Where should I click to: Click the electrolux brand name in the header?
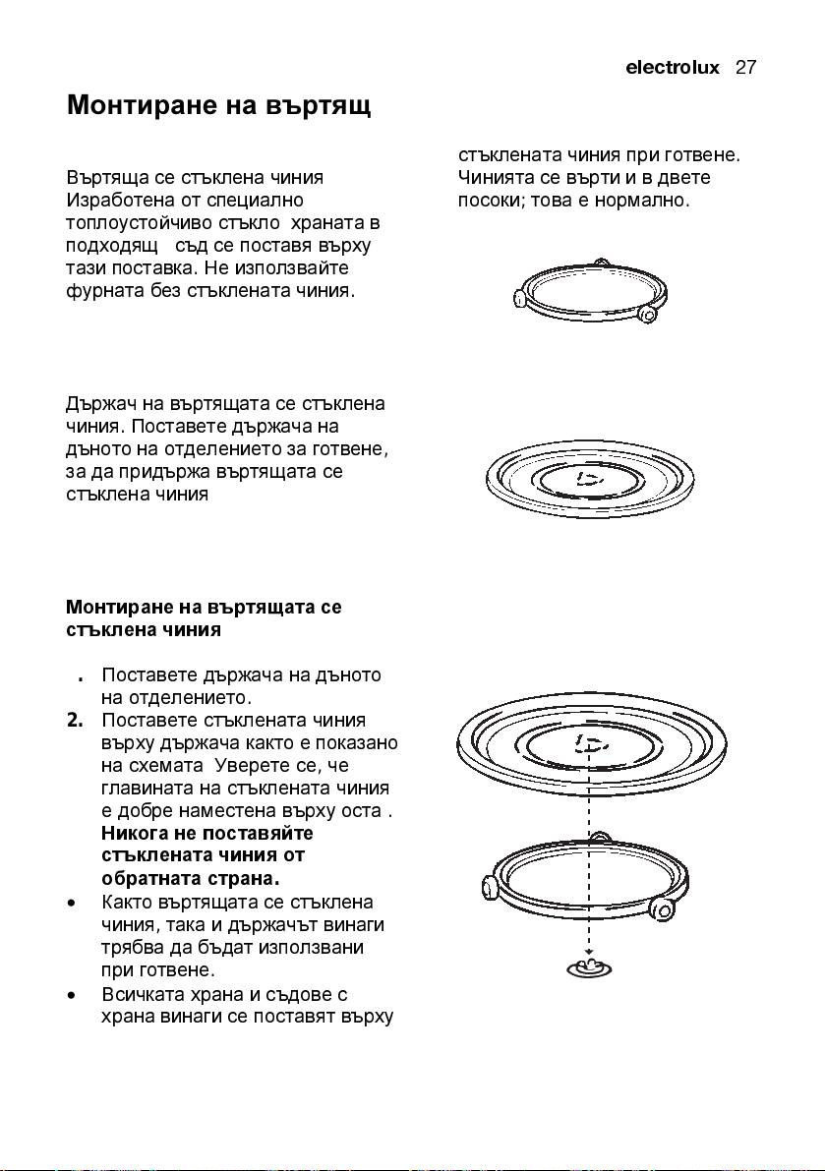click(672, 68)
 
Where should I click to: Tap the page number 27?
click(745, 68)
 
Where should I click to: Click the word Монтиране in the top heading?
click(140, 105)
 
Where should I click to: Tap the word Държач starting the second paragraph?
click(99, 404)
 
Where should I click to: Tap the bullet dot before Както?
click(73, 903)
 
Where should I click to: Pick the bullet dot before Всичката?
click(73, 995)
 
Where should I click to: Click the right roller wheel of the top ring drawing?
click(647, 313)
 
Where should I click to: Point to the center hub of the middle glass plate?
click(588, 479)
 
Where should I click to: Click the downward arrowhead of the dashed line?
click(588, 953)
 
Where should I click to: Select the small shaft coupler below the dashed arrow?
click(588, 968)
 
